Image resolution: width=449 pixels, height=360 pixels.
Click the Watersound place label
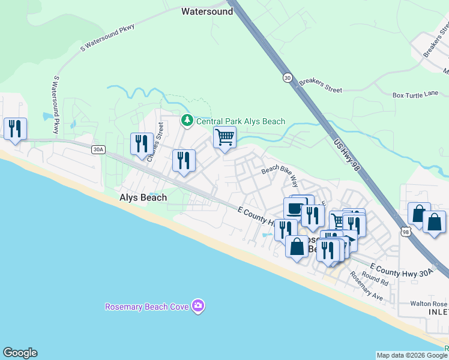pyautogui.click(x=207, y=11)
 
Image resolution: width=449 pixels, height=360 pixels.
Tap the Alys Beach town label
pyautogui.click(x=143, y=197)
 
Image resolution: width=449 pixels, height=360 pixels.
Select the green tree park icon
pyautogui.click(x=187, y=121)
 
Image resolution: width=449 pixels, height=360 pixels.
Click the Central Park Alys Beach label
pyautogui.click(x=241, y=121)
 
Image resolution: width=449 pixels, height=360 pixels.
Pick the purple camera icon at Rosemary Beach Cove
pyautogui.click(x=199, y=307)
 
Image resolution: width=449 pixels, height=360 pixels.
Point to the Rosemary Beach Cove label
pyautogui.click(x=147, y=307)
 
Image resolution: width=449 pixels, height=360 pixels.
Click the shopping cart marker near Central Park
pyautogui.click(x=224, y=137)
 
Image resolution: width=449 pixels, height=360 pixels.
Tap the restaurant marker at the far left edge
pyautogui.click(x=14, y=128)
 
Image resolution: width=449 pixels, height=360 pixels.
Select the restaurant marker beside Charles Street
pyautogui.click(x=142, y=144)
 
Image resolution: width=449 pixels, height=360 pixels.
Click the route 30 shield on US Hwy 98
pyautogui.click(x=286, y=77)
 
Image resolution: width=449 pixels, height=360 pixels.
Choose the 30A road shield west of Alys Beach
pyautogui.click(x=99, y=149)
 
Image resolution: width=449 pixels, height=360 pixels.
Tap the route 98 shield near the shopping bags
pyautogui.click(x=405, y=231)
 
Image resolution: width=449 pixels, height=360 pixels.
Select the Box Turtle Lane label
pyautogui.click(x=415, y=95)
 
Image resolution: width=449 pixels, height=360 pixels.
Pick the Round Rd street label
pyautogui.click(x=375, y=278)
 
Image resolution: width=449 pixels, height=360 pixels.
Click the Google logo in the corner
pyautogui.click(x=20, y=353)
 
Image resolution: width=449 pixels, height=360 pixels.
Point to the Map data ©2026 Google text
pyautogui.click(x=411, y=355)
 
